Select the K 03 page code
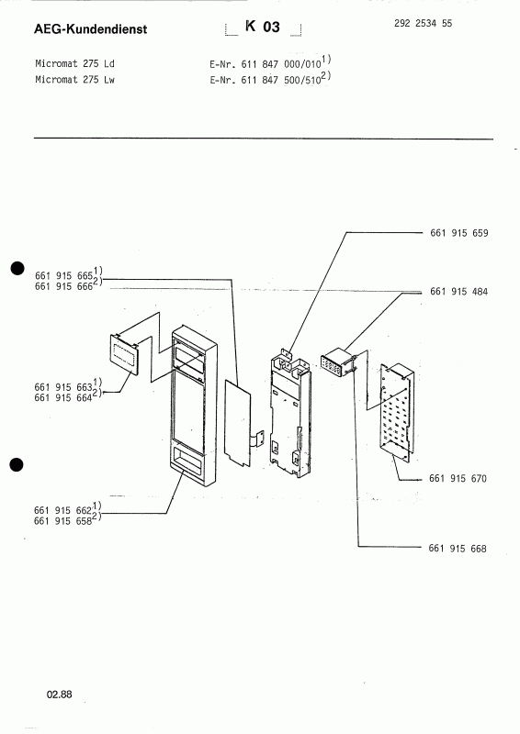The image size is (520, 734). pyautogui.click(x=262, y=28)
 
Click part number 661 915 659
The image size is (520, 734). pyautogui.click(x=458, y=233)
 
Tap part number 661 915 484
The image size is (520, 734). pyautogui.click(x=458, y=291)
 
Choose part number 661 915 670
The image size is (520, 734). pyautogui.click(x=458, y=480)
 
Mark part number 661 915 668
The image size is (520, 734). pyautogui.click(x=458, y=549)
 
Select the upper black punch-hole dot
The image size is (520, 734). pyautogui.click(x=16, y=268)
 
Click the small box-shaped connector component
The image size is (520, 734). pyautogui.click(x=336, y=362)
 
